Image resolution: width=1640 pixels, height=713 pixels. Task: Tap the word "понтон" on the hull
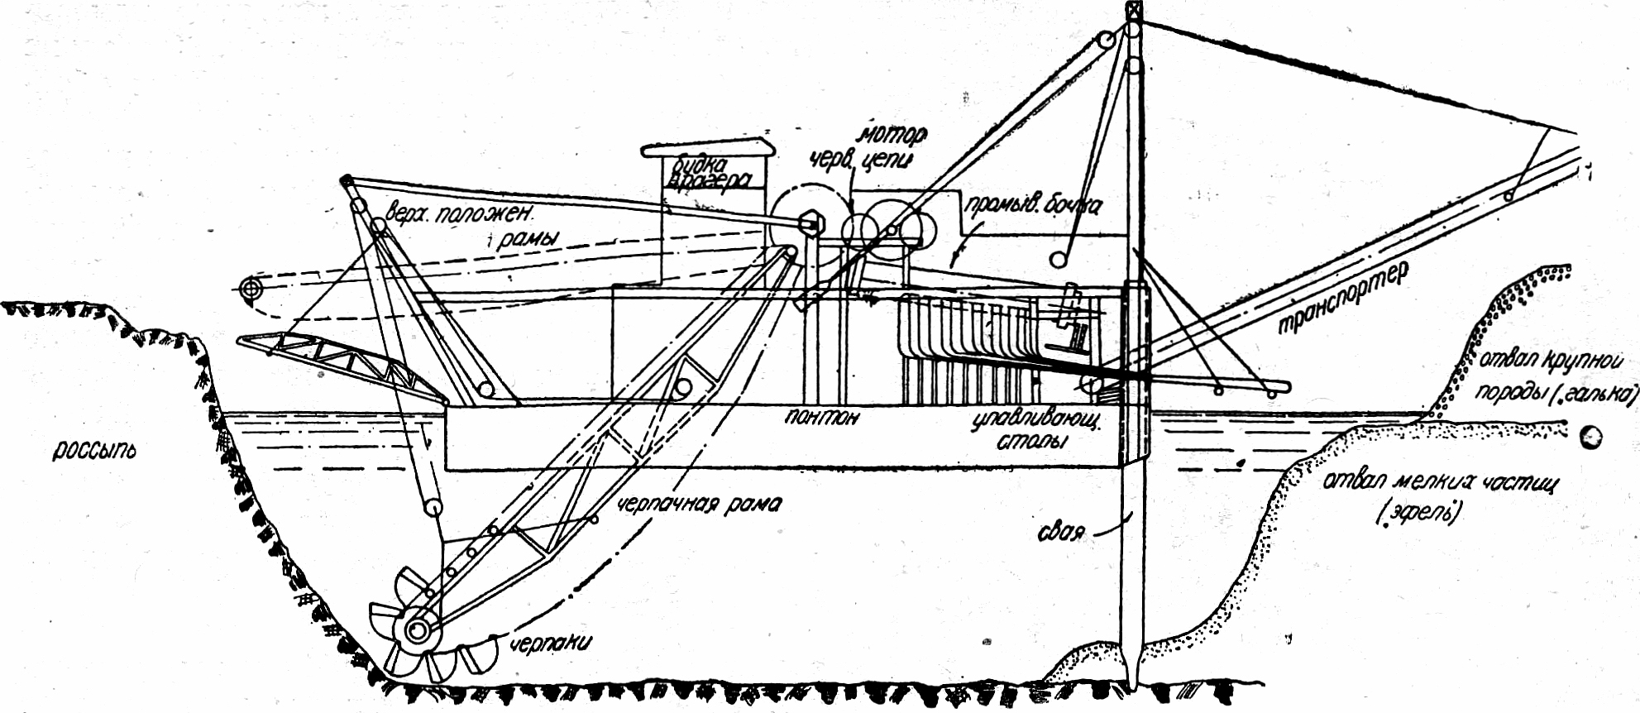822,416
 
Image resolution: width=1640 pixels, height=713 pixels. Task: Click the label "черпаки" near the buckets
550,643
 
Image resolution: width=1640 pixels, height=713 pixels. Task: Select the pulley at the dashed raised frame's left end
249,290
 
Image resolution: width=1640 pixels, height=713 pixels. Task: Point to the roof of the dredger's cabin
708,149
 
